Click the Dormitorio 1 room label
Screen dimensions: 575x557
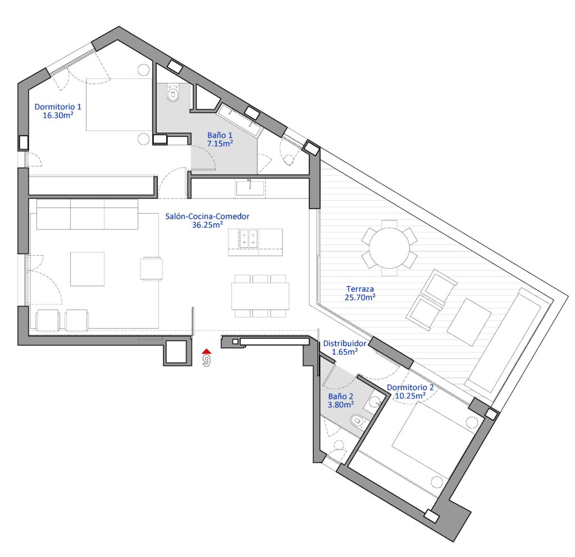click(58, 111)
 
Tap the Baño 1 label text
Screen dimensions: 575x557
click(220, 140)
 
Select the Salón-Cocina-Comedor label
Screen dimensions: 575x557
click(207, 220)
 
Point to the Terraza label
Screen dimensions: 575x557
click(360, 293)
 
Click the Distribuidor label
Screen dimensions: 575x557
click(345, 348)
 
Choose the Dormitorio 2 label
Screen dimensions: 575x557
click(410, 392)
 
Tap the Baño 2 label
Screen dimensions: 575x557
click(341, 401)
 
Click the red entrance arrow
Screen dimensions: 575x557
click(207, 351)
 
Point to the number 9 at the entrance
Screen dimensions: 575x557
click(207, 361)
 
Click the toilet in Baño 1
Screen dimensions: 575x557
click(173, 93)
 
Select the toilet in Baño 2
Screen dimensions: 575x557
click(358, 421)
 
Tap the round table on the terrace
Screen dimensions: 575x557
click(389, 248)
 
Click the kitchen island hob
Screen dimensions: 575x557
click(248, 238)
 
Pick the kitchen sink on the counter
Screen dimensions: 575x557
click(250, 188)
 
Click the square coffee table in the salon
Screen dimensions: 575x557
click(87, 269)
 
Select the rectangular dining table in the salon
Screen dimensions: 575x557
click(260, 296)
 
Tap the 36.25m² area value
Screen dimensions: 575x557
click(208, 225)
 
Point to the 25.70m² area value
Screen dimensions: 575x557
click(360, 297)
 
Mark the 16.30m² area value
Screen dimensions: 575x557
click(58, 116)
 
